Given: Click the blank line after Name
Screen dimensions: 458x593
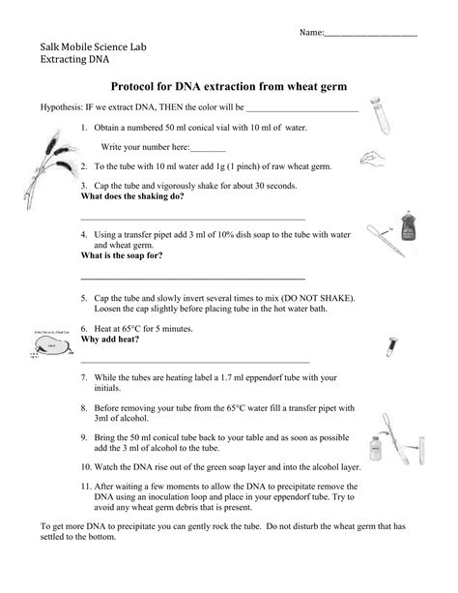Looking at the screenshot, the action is pyautogui.click(x=371, y=35).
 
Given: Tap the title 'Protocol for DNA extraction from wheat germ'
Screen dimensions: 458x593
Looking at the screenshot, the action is pyautogui.click(x=229, y=87).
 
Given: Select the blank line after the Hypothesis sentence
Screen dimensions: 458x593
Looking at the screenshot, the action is pyautogui.click(x=302, y=110).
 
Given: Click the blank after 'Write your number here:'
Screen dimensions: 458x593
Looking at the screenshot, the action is pyautogui.click(x=209, y=149).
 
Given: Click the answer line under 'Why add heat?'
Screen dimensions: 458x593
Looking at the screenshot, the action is pyautogui.click(x=194, y=362).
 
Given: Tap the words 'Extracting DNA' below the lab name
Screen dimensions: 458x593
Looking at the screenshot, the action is pyautogui.click(x=75, y=60).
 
